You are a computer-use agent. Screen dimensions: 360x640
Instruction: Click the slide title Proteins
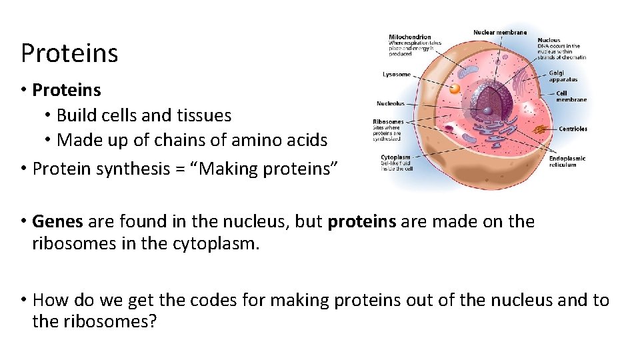coord(69,53)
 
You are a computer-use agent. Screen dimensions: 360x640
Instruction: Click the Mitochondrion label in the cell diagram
coord(409,37)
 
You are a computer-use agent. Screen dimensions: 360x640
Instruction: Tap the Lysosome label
coord(397,74)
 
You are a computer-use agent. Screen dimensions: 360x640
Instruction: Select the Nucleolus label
coord(390,103)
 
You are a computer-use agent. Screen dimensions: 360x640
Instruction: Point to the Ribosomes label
coord(388,122)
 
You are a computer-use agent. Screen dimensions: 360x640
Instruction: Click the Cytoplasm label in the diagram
coord(395,157)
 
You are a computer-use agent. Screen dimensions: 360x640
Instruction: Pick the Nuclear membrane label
coord(499,32)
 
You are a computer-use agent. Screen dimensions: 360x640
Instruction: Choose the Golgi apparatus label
coord(556,73)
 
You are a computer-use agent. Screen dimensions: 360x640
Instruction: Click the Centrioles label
coord(573,129)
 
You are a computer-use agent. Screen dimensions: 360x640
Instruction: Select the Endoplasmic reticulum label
coord(567,158)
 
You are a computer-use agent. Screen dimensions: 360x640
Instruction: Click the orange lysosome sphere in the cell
coord(455,88)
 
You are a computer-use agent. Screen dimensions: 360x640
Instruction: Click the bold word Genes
coord(57,221)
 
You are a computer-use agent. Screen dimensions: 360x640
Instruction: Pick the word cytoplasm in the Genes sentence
coord(215,244)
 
